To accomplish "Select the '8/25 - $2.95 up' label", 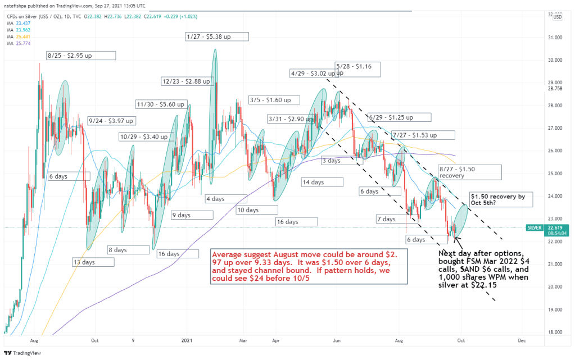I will [81, 55].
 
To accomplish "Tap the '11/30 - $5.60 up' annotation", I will [161, 104].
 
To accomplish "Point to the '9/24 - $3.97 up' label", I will [112, 120].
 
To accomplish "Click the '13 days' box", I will [92, 262].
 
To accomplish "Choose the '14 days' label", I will [321, 182].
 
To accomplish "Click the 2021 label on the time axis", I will [187, 340].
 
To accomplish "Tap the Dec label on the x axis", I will [522, 340].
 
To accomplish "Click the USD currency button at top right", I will [558, 16].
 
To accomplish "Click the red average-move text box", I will [308, 266].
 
